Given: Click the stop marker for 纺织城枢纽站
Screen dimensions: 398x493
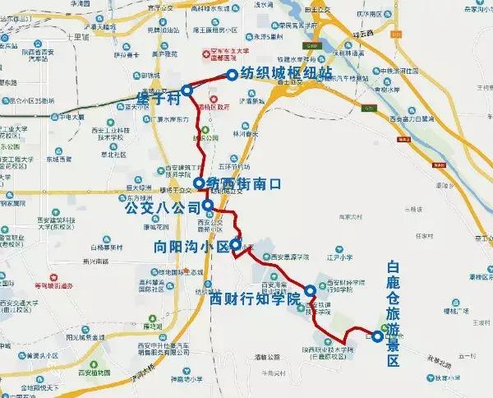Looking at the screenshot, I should [232, 74].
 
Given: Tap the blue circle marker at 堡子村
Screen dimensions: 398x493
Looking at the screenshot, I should [187, 90].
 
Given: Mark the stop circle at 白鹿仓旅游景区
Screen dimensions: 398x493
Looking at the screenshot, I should [376, 336].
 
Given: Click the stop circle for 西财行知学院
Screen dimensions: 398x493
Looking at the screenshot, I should [310, 290].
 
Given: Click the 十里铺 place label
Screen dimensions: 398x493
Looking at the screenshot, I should [74, 37].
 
